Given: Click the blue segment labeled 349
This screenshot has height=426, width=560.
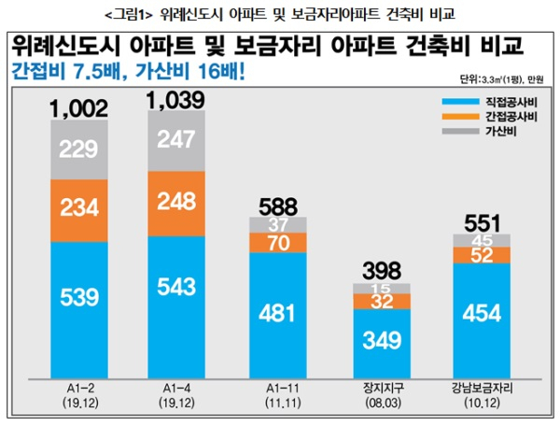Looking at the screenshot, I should coord(380,342).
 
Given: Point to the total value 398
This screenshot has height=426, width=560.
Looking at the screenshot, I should coord(380,272).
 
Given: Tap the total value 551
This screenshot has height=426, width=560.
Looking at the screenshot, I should coord(482,224).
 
